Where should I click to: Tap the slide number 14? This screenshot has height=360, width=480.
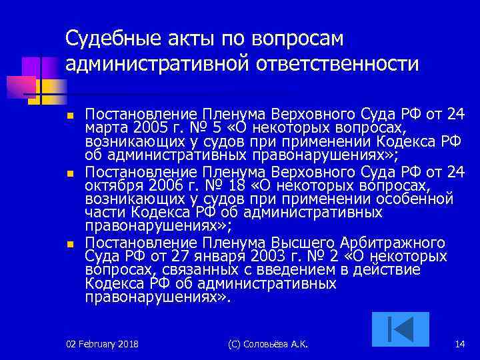pos(459,344)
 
